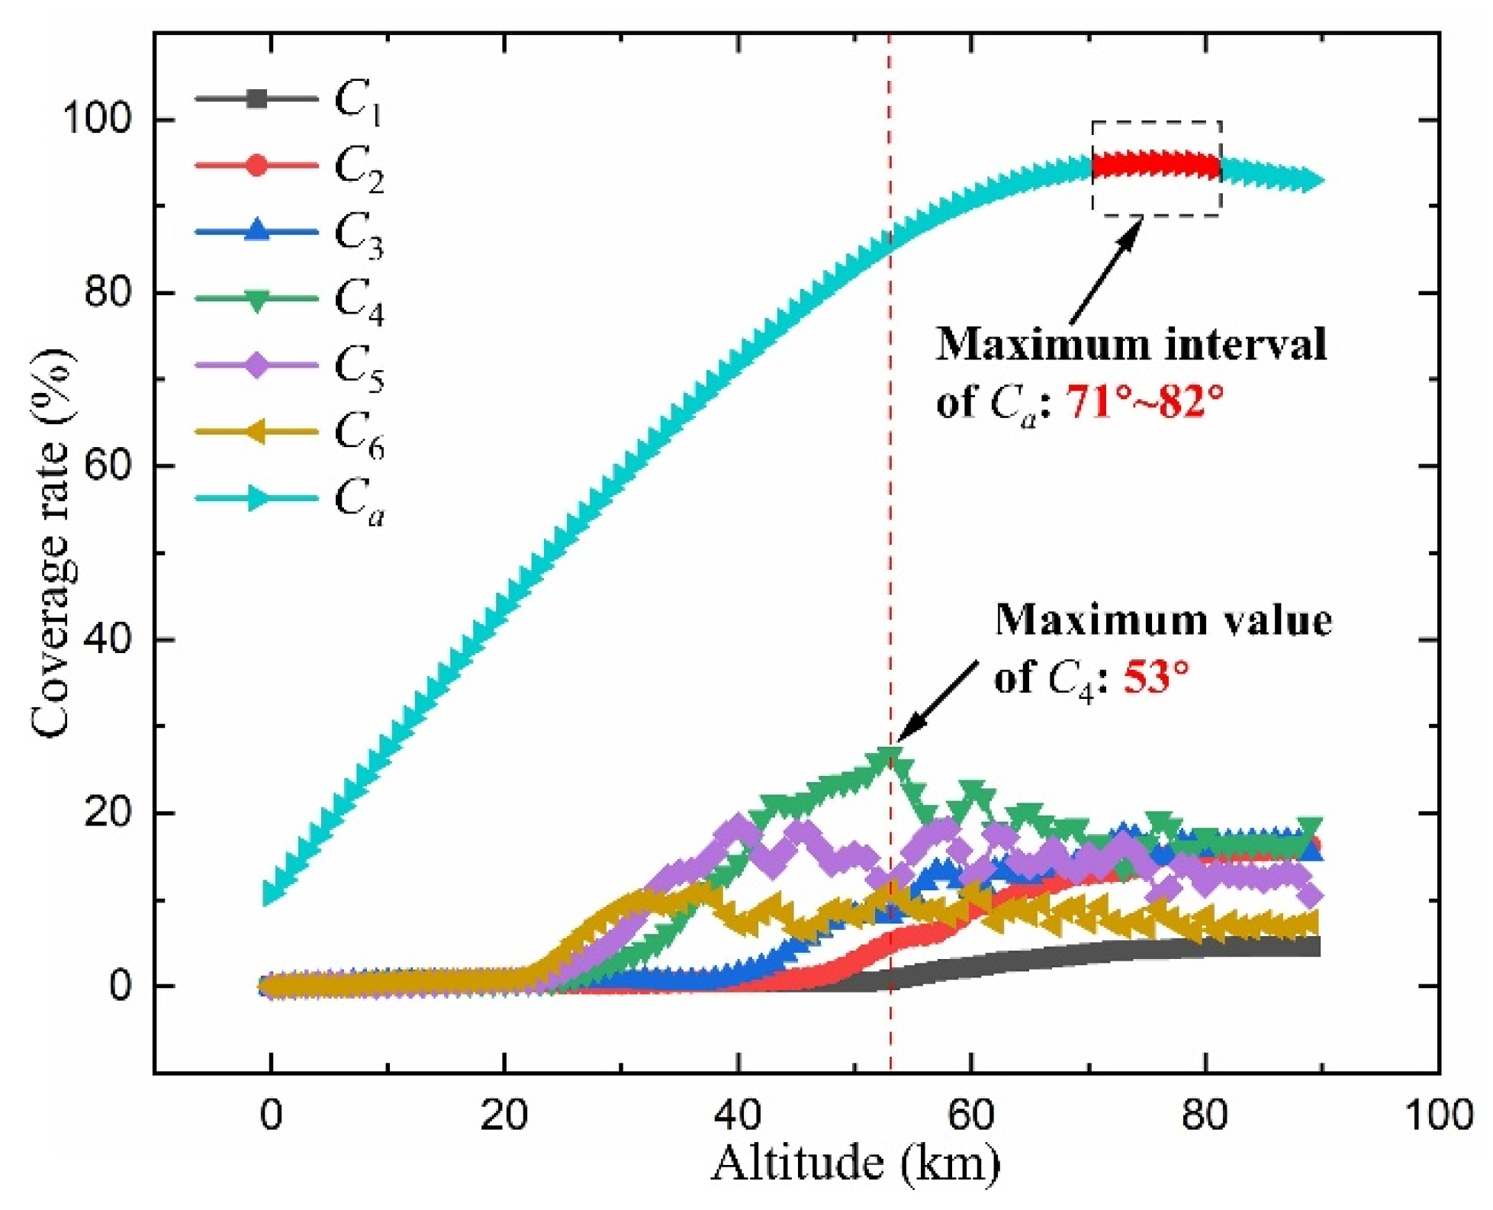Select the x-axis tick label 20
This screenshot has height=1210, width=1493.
click(504, 1115)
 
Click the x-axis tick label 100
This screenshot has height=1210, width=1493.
click(1439, 1115)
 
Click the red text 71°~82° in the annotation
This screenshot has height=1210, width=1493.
click(1144, 402)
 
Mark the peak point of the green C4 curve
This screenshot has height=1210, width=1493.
click(890, 757)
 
